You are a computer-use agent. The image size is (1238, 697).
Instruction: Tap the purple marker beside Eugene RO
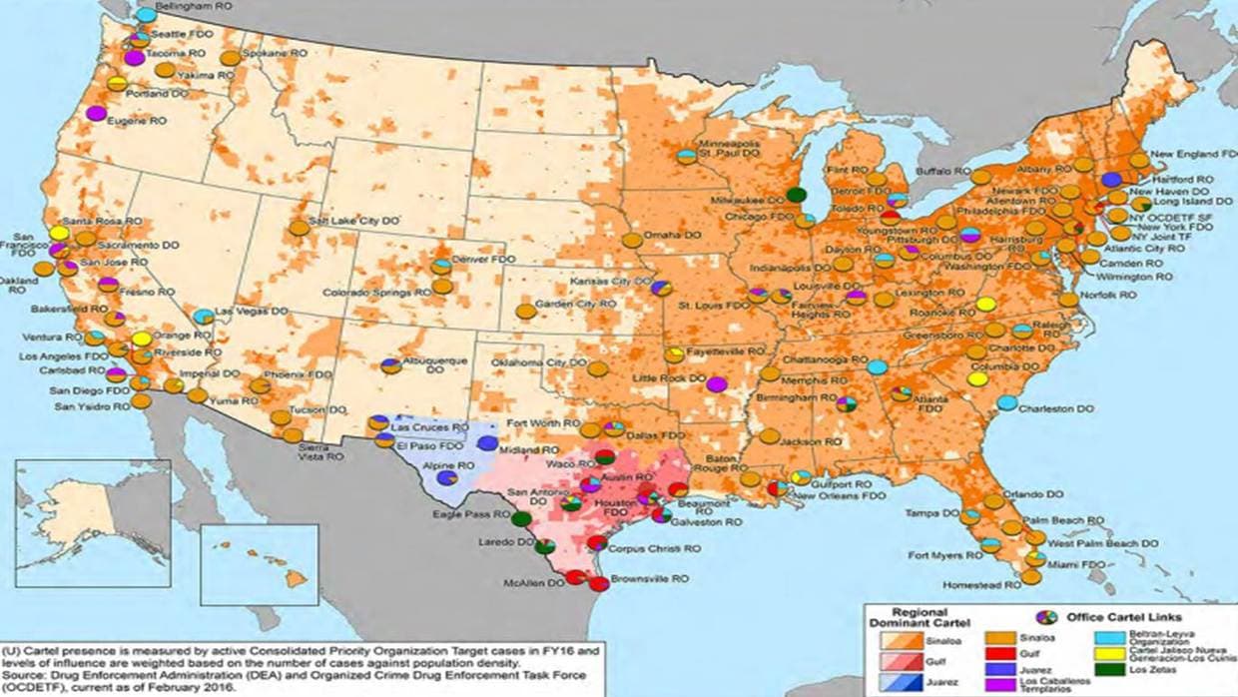(x=96, y=113)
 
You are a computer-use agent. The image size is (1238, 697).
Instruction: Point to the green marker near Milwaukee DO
(x=796, y=195)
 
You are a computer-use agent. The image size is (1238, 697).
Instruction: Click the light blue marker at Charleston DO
(x=1007, y=402)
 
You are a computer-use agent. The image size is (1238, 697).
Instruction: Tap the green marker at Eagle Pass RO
(x=520, y=518)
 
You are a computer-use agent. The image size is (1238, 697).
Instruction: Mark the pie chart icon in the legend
(x=1046, y=617)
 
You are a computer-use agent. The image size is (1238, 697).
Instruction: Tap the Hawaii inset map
(x=260, y=565)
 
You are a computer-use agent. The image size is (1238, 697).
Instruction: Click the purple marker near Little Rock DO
(x=716, y=384)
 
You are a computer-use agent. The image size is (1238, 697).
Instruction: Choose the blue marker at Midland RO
(x=486, y=443)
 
